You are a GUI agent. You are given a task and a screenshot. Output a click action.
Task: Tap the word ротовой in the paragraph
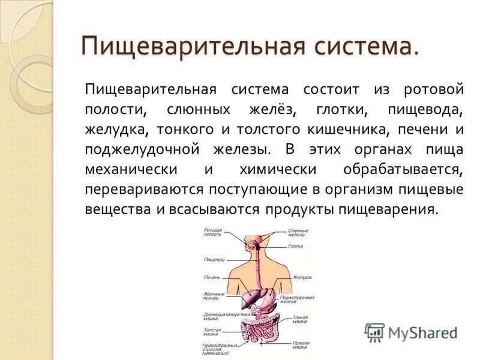click(x=434, y=89)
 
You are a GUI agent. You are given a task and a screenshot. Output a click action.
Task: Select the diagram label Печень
click(x=212, y=277)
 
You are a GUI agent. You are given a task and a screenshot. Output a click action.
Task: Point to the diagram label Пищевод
click(x=214, y=259)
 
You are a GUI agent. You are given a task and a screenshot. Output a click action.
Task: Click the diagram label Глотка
click(x=295, y=245)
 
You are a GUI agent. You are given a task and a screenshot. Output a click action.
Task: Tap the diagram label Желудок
click(x=302, y=277)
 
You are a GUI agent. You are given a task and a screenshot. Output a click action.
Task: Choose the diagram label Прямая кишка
click(x=301, y=345)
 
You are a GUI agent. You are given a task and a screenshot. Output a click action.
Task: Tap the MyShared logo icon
click(x=375, y=332)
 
